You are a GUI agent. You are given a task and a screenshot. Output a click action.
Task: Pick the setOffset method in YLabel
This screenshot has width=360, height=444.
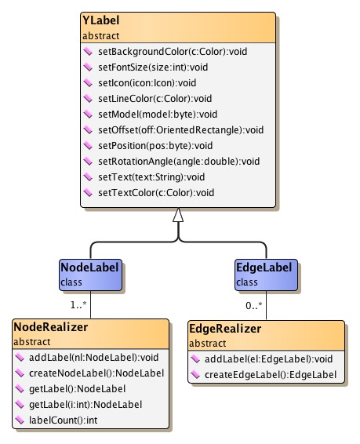tap(168, 129)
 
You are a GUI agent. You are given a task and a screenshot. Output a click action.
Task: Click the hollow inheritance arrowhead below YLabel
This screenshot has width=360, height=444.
tap(178, 214)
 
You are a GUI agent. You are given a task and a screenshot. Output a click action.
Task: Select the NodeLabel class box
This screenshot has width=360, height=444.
tap(91, 274)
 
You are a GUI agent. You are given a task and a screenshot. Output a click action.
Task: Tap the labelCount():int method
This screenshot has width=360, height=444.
tap(66, 420)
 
